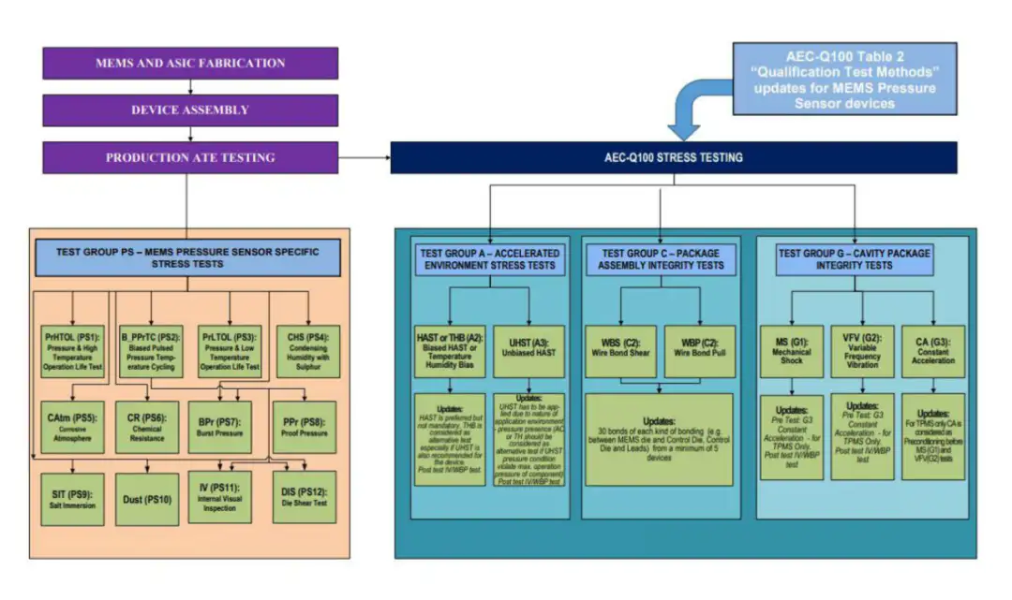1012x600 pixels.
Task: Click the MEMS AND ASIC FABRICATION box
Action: click(x=190, y=63)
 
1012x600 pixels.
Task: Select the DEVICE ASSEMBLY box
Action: click(x=190, y=110)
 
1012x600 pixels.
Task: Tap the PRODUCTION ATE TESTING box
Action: click(x=190, y=157)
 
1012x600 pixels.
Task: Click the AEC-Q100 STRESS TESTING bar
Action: click(x=673, y=157)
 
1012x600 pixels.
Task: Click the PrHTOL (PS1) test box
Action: click(x=72, y=351)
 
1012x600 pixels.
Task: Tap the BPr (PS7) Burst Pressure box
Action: click(x=220, y=427)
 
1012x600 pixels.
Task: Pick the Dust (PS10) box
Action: click(x=146, y=499)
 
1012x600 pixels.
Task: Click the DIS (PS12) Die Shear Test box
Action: click(x=305, y=498)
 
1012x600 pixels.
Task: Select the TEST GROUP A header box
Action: click(x=489, y=258)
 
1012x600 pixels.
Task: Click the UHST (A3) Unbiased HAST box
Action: click(x=529, y=350)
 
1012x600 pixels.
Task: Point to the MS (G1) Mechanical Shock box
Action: click(x=792, y=350)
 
